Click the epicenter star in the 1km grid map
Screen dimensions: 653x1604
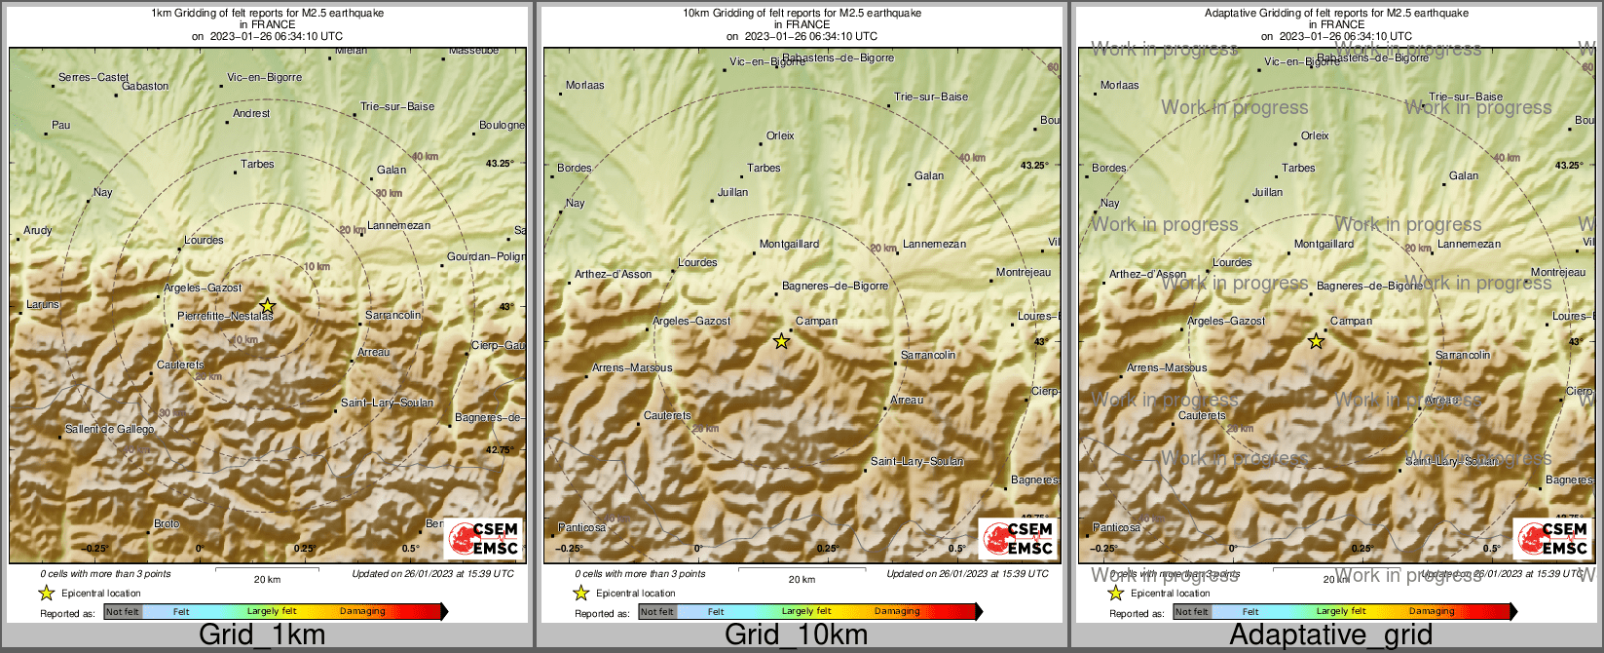pos(268,306)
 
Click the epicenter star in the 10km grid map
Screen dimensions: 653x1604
pos(781,341)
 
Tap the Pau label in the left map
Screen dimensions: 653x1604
pos(61,125)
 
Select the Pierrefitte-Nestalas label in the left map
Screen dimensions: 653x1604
pos(225,316)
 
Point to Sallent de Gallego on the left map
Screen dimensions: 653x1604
pos(109,429)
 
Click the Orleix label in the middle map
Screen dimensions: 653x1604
pos(780,135)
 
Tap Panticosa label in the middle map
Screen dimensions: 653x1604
pos(581,527)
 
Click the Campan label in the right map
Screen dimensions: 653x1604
pos(1351,321)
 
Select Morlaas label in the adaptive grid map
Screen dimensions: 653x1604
pos(1119,85)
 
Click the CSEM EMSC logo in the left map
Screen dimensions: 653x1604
pos(483,539)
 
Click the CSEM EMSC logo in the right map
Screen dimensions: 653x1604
pos(1552,539)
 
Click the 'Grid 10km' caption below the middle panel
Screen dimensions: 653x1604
pos(796,635)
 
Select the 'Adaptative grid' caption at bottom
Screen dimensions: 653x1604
pos(1330,635)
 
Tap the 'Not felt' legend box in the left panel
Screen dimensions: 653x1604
pos(123,612)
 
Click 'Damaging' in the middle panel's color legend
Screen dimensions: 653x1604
pos(897,612)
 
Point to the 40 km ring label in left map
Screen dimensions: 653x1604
pos(425,157)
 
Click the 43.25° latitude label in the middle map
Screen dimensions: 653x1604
pos(1034,166)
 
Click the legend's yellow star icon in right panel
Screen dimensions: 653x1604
pos(1116,593)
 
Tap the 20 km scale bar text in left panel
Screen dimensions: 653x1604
pos(267,579)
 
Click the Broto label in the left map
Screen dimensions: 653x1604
pos(167,523)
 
